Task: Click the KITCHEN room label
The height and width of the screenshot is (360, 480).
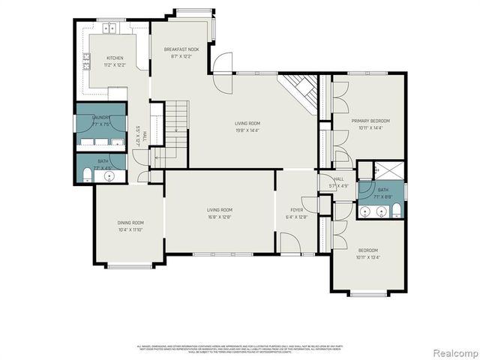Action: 115,58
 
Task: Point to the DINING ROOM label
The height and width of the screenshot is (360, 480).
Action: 130,223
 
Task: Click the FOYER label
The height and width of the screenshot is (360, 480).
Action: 298,210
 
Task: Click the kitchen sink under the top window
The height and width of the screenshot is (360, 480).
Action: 112,28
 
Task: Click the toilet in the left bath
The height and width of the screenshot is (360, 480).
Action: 86,175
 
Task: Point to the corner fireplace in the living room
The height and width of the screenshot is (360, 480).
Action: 299,91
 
